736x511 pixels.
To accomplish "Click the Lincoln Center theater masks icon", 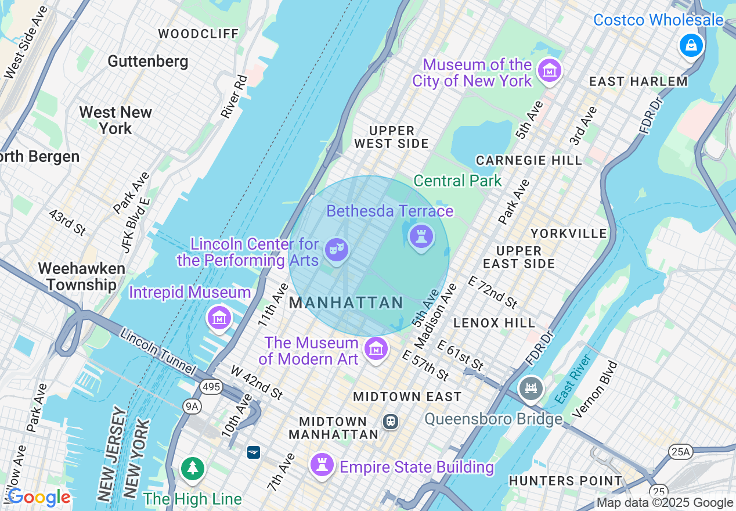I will (x=337, y=250).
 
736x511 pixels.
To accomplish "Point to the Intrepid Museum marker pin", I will (x=220, y=318).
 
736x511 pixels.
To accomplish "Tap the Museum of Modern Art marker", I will (x=376, y=349).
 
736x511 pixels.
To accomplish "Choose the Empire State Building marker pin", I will (x=321, y=465).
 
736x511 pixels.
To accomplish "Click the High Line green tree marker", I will (x=192, y=468).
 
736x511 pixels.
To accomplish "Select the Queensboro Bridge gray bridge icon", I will (x=531, y=388).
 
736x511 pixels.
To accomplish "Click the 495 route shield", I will (x=212, y=387).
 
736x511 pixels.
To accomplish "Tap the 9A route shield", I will (x=192, y=406).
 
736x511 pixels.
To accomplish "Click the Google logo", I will (x=39, y=497).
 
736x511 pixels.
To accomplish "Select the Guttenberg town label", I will (x=148, y=61).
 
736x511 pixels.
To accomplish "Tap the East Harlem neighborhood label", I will (x=638, y=82).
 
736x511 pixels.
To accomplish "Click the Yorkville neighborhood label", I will (x=569, y=233).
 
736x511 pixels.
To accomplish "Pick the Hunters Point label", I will (x=565, y=481).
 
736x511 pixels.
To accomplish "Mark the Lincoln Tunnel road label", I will (x=158, y=351).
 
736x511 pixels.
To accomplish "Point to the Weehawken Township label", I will (x=81, y=276).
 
